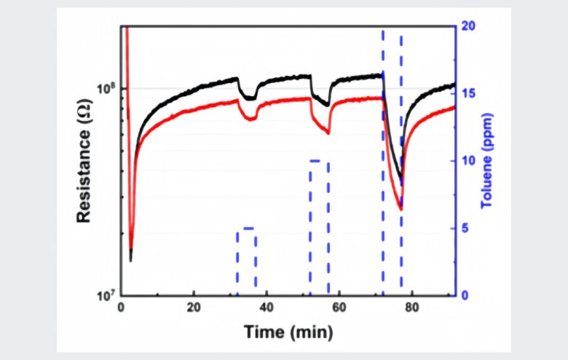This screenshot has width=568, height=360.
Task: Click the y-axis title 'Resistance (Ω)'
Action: point(84,161)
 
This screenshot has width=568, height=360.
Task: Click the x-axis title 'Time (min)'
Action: point(288,333)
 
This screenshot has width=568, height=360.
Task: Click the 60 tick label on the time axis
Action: point(339,308)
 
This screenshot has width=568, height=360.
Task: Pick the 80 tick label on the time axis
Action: point(412,308)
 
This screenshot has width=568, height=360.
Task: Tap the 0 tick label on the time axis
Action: point(122,308)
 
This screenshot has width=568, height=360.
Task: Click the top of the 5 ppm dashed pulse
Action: point(247,229)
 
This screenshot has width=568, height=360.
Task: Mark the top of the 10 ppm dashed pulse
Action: point(319,161)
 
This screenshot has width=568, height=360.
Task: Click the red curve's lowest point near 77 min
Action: point(401,210)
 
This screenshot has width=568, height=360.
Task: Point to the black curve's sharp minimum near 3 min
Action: point(131,260)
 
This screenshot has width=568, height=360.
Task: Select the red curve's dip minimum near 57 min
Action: point(328,133)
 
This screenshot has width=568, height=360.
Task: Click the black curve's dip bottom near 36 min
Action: point(250,98)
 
